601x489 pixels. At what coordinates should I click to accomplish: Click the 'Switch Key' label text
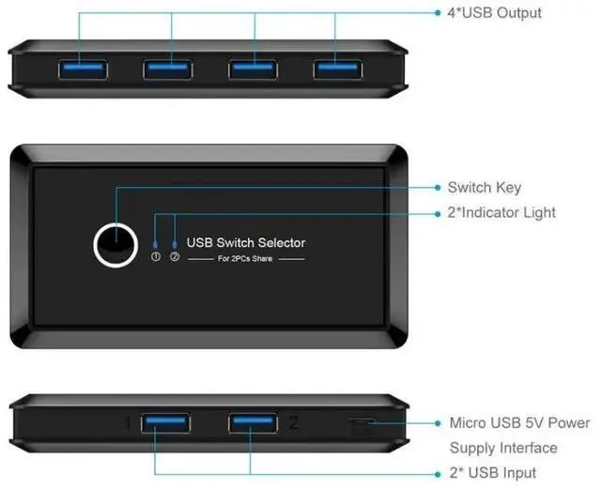484,188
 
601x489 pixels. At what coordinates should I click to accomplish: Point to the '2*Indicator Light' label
501,213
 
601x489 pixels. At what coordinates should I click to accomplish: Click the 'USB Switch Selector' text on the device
246,242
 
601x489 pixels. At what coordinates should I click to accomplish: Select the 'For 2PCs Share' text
245,258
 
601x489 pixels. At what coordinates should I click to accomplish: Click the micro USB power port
362,427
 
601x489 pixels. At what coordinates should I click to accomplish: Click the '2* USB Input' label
492,472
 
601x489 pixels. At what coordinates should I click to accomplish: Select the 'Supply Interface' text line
503,448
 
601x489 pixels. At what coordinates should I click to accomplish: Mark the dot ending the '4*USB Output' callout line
438,13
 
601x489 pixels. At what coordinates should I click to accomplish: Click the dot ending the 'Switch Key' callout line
438,188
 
